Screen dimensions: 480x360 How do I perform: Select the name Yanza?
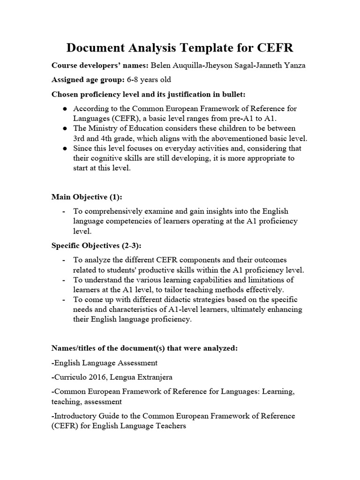click(294, 65)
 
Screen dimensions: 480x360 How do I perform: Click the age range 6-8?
click(129, 80)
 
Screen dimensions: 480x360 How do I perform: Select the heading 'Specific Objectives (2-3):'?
click(97, 245)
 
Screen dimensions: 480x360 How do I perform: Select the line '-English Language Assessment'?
click(105, 363)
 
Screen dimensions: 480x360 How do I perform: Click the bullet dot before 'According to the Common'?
click(64, 109)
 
